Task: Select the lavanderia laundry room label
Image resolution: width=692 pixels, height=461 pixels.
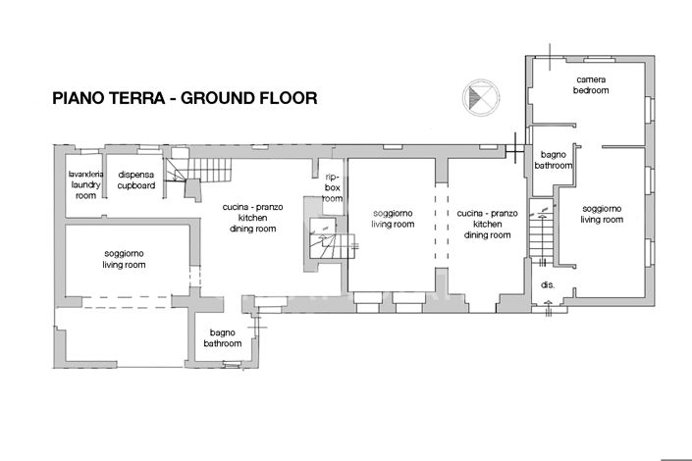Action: click(x=85, y=184)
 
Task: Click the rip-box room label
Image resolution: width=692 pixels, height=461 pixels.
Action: click(x=333, y=187)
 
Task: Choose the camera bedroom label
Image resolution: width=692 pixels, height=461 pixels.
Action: click(x=591, y=84)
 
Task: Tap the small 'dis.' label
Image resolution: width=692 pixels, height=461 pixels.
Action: click(x=547, y=285)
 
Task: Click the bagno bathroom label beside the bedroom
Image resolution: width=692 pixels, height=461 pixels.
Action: click(x=553, y=161)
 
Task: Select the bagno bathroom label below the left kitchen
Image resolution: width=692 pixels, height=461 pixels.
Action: click(x=223, y=338)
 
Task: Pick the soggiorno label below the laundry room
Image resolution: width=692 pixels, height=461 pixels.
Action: click(x=125, y=259)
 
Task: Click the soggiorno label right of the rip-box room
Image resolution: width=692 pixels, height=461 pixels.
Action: click(x=392, y=219)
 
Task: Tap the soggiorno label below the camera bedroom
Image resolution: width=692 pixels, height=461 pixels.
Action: click(x=602, y=214)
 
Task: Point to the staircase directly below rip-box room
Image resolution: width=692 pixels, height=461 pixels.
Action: click(x=323, y=239)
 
